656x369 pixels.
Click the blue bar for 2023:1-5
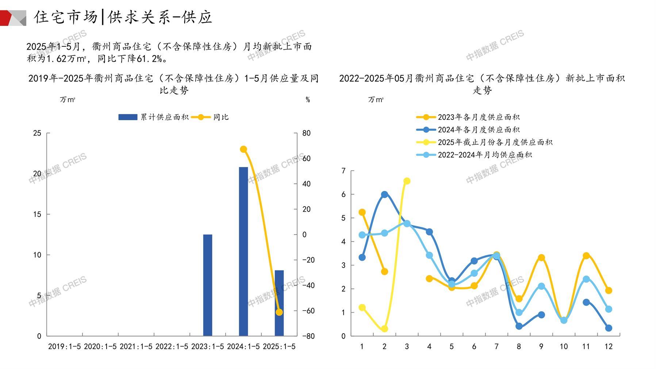[x=207, y=285]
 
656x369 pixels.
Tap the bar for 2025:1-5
[x=279, y=303]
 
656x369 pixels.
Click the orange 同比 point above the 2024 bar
[x=243, y=149]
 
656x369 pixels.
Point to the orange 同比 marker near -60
[x=279, y=312]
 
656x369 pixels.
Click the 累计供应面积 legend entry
[x=153, y=117]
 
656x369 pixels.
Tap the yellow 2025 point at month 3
[x=407, y=181]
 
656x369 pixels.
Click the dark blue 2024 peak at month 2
[x=384, y=194]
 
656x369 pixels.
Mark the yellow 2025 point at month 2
[x=384, y=329]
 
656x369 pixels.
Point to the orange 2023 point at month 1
[x=362, y=212]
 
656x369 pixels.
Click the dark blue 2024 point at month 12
[x=609, y=328]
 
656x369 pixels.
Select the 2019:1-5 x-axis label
[x=64, y=346]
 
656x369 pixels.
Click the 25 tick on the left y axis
[x=37, y=133]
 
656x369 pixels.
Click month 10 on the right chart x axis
[x=564, y=346]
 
